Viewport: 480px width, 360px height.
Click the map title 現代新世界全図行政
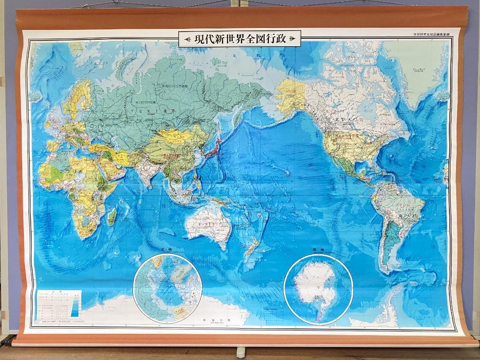click(x=240, y=39)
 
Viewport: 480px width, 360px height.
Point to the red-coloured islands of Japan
click(x=215, y=147)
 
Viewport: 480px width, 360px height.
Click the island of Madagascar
click(x=112, y=216)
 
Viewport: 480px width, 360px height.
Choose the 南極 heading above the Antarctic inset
click(x=318, y=250)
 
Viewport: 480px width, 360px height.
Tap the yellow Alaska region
click(x=290, y=95)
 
